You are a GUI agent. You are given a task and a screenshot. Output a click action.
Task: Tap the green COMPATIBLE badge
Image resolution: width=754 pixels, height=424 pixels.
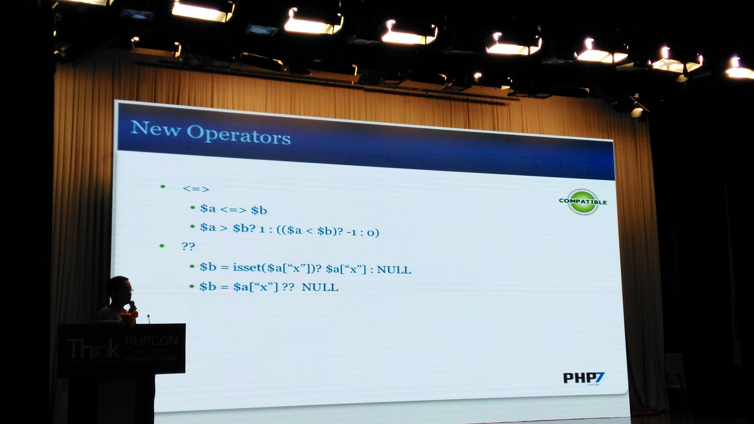[583, 202]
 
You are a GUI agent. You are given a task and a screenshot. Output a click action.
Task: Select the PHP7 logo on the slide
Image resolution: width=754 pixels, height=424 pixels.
[584, 378]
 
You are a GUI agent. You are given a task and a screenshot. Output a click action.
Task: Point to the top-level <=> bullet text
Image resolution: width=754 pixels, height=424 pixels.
[196, 189]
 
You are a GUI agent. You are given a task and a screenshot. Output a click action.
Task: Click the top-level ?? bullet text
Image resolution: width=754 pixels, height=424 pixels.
[189, 246]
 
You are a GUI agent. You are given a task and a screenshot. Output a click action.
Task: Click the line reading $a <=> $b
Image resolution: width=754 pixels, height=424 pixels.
[233, 210]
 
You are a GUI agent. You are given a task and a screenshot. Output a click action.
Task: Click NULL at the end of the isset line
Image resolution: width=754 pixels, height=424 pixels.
[394, 270]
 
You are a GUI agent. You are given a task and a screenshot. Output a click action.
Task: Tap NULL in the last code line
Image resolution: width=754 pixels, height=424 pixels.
[320, 287]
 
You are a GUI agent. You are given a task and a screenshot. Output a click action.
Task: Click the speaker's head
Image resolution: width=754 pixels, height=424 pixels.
[119, 290]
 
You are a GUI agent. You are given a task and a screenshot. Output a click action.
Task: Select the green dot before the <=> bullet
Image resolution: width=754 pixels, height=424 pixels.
[162, 187]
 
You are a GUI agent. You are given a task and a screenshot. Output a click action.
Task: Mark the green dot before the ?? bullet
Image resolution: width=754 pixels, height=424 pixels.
[161, 245]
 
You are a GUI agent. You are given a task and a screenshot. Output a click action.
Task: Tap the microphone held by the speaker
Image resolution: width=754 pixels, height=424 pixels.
[132, 307]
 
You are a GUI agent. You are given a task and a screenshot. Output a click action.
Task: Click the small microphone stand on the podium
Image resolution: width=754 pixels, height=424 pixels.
[148, 318]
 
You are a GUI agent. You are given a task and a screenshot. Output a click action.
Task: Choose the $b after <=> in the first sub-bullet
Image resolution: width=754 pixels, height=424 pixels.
[258, 211]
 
